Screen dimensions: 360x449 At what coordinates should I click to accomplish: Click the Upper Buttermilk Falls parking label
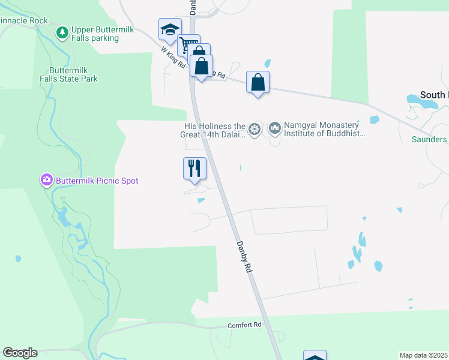pyautogui.click(x=95, y=34)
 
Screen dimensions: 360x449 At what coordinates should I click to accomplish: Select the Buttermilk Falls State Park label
pyautogui.click(x=69, y=74)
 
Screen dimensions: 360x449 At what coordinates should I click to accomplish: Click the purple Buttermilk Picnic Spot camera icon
pyautogui.click(x=46, y=179)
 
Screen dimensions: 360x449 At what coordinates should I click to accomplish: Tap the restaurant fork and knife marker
pyautogui.click(x=194, y=168)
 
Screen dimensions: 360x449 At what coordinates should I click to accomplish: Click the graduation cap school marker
pyautogui.click(x=170, y=29)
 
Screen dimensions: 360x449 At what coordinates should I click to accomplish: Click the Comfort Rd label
pyautogui.click(x=245, y=325)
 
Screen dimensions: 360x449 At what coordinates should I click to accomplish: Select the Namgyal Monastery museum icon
pyautogui.click(x=275, y=127)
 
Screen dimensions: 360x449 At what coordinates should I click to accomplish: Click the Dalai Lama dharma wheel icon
pyautogui.click(x=255, y=128)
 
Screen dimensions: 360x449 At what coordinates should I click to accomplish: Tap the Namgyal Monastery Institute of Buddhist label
pyautogui.click(x=325, y=130)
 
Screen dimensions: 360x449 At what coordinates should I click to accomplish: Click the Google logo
pyautogui.click(x=20, y=353)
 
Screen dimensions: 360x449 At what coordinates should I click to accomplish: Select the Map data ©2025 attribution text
pyautogui.click(x=424, y=355)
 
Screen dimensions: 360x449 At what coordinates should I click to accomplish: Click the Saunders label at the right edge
pyautogui.click(x=429, y=139)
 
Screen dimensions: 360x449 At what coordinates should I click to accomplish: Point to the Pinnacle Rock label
pyautogui.click(x=23, y=20)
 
